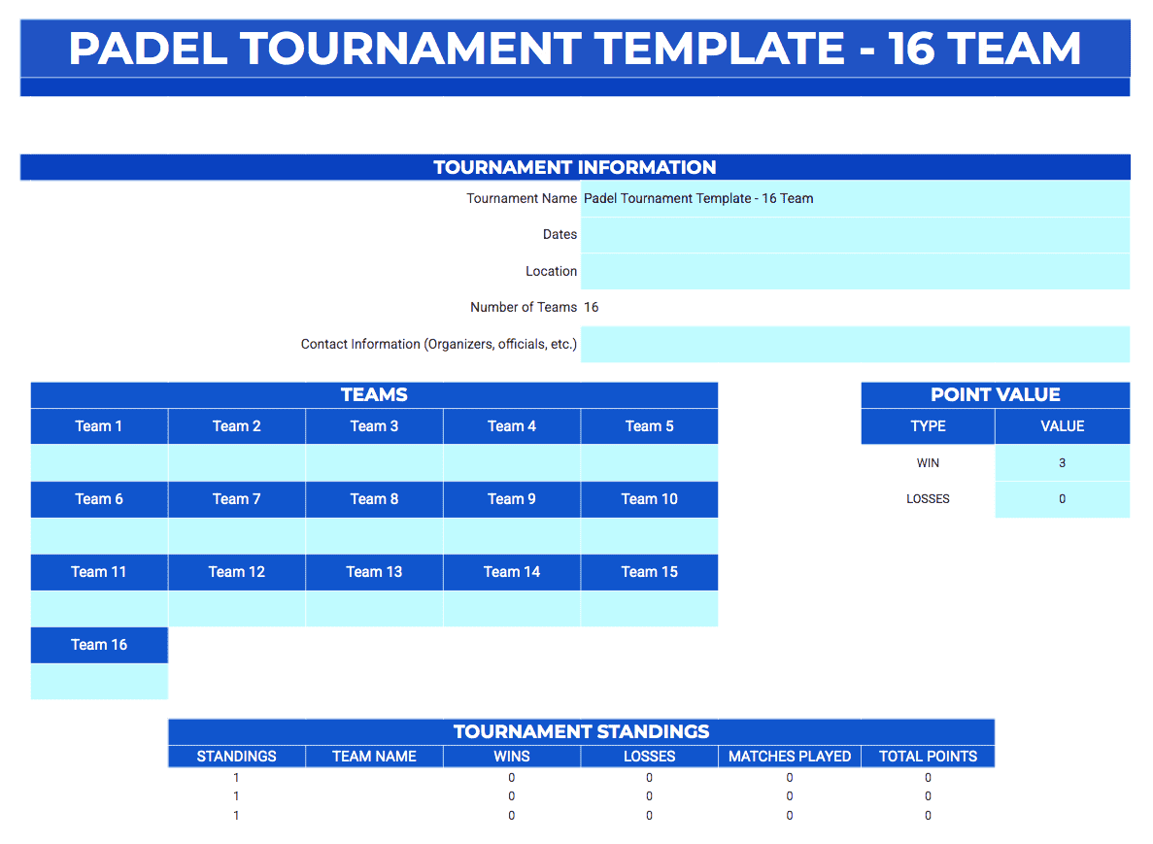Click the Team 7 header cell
tap(237, 499)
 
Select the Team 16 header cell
tap(99, 645)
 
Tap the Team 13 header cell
tap(374, 572)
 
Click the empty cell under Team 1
tap(99, 462)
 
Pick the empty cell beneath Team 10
tap(649, 535)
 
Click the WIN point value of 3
tap(1062, 463)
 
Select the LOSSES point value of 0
tap(1062, 499)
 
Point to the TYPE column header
tap(928, 426)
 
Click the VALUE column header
tap(1062, 426)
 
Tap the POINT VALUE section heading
tap(995, 395)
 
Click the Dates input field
tap(855, 235)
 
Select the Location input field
tap(855, 272)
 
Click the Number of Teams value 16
tap(592, 308)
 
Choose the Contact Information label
tap(439, 344)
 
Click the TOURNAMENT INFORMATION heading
tap(575, 167)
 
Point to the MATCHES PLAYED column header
tap(790, 757)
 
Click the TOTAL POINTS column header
tap(928, 757)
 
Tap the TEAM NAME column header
tap(374, 757)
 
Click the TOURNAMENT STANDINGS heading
tap(581, 732)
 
